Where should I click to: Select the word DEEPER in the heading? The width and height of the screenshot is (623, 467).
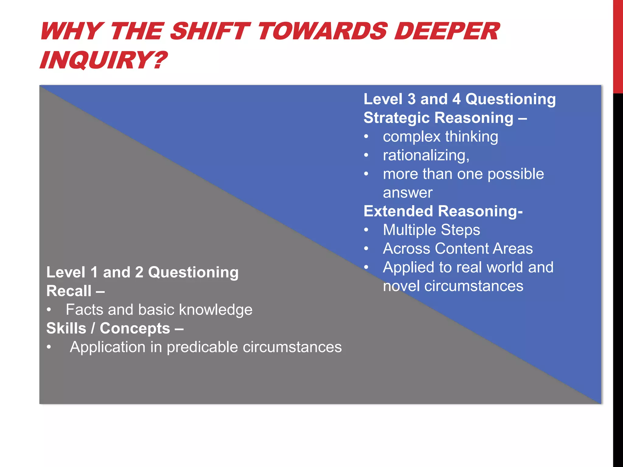447,31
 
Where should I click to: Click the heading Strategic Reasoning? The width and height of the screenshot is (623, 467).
438,118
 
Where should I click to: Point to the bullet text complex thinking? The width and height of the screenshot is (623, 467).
440,137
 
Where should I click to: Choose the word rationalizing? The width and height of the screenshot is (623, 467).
426,155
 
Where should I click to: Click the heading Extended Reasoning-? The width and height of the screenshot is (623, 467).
443,211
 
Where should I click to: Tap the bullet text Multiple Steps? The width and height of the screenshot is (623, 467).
431,230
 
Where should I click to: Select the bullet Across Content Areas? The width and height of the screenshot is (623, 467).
458,248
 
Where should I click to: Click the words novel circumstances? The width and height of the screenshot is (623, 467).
453,286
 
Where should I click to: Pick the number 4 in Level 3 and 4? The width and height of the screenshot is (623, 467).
456,99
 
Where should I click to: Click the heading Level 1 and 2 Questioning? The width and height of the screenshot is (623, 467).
142,272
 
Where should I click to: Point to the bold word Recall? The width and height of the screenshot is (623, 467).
69,291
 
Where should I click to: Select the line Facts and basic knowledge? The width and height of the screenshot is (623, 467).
159,310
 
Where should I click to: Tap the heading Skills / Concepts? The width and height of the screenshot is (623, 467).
114,328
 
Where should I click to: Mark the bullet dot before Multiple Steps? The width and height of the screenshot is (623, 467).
367,230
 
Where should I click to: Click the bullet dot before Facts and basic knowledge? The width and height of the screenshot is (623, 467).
49,310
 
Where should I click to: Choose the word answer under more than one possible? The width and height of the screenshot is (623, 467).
408,193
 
